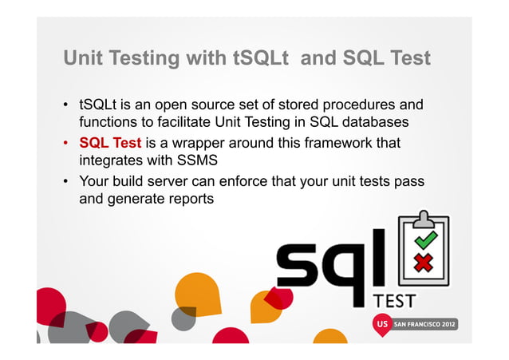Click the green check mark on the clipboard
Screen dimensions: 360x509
click(424, 239)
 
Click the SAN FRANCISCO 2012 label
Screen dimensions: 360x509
click(432, 326)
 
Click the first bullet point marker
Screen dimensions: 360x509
click(66, 105)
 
